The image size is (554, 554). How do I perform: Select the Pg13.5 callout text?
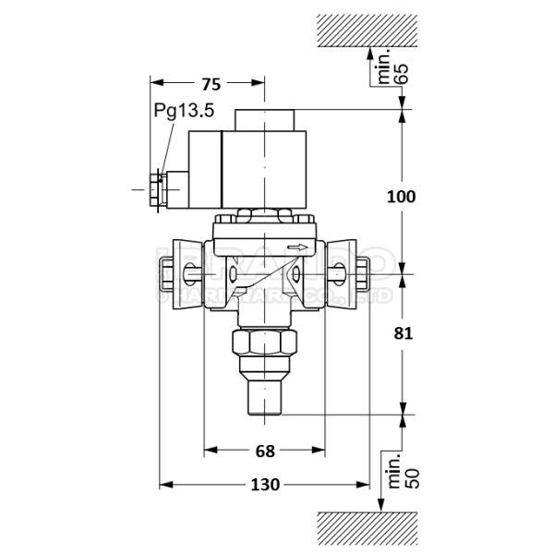(184, 111)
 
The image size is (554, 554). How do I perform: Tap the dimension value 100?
(401, 197)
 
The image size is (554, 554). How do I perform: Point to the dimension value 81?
(401, 333)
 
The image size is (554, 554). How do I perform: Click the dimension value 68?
(265, 451)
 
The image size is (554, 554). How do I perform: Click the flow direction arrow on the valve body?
(297, 247)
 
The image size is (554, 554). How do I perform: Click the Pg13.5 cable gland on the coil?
(158, 191)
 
